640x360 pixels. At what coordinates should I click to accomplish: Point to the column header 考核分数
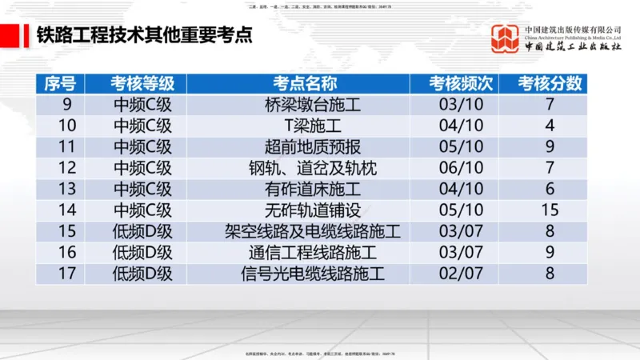coord(550,83)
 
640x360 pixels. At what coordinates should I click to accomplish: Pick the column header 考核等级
coord(142,83)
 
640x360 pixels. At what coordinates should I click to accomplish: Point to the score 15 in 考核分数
coord(550,210)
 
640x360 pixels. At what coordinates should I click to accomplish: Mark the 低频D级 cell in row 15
coord(142,232)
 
